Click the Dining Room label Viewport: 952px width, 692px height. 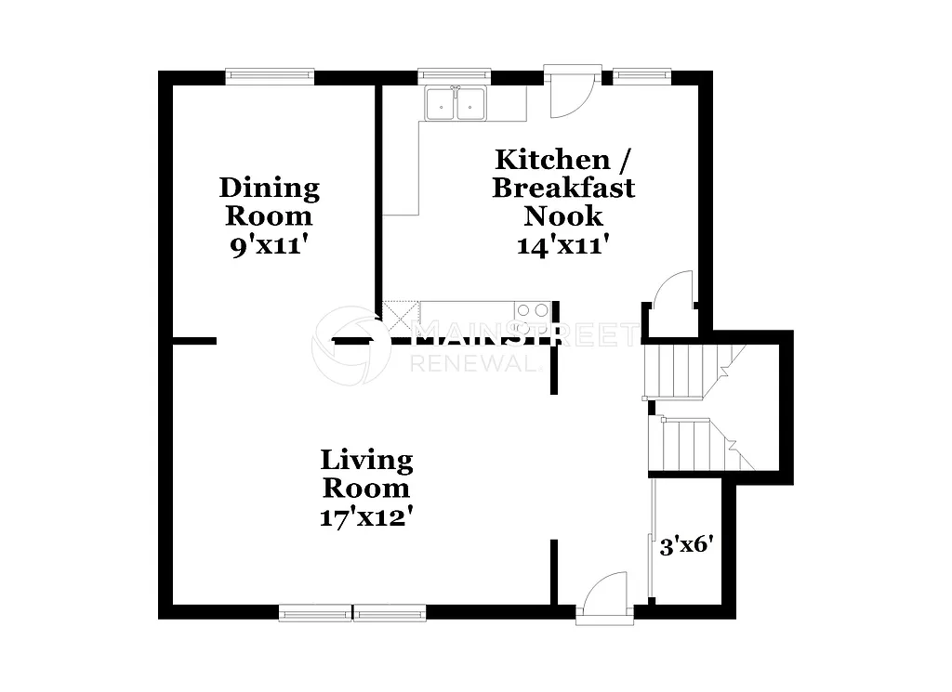[x=269, y=202]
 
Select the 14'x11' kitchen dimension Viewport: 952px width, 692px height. [x=563, y=245]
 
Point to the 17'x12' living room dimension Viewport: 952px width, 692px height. [x=365, y=516]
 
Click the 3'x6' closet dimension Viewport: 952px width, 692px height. [x=686, y=545]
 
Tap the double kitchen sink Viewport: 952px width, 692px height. [x=456, y=104]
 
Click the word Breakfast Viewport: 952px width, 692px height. [x=563, y=188]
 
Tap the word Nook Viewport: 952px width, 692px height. [x=563, y=216]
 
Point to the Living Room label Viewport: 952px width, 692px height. [x=365, y=473]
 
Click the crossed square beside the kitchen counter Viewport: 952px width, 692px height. [x=403, y=312]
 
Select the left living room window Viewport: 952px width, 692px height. [x=315, y=612]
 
